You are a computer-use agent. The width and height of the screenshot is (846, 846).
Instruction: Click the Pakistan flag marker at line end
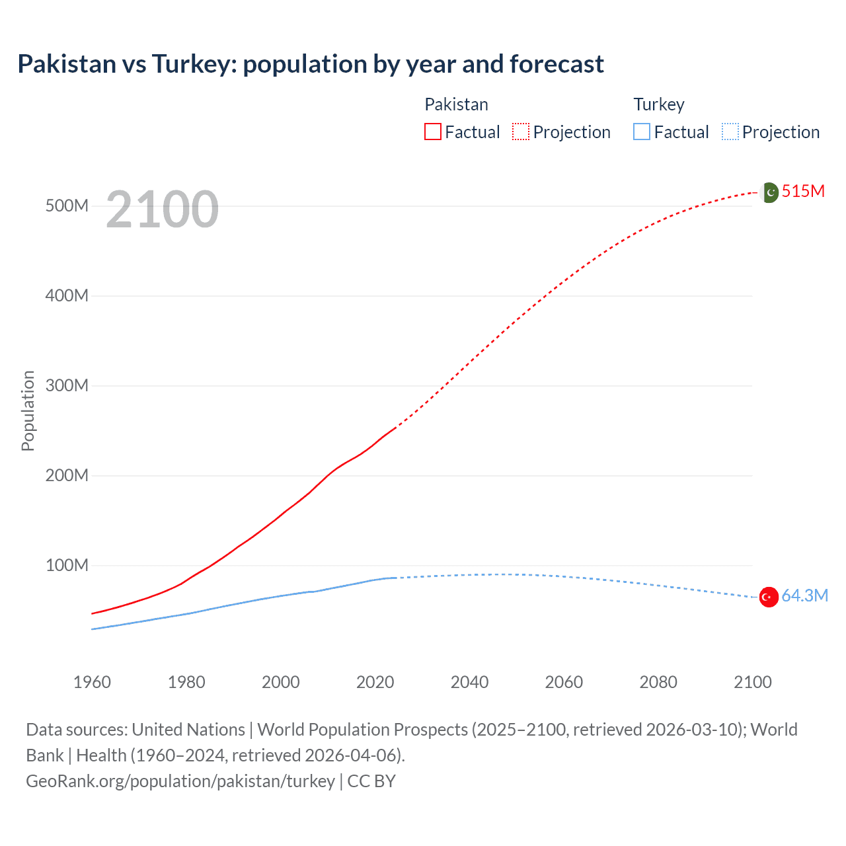pyautogui.click(x=770, y=192)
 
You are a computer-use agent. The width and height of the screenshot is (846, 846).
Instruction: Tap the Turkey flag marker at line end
pyautogui.click(x=768, y=597)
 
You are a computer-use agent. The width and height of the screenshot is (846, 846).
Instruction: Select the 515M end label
pyautogui.click(x=803, y=192)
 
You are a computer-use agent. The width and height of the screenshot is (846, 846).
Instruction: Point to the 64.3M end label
pyautogui.click(x=804, y=596)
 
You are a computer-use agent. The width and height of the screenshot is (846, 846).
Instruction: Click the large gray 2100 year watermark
pyautogui.click(x=162, y=210)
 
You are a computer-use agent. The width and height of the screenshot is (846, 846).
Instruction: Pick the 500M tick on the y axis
pyautogui.click(x=67, y=206)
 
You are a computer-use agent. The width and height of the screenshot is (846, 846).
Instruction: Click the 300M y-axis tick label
pyautogui.click(x=67, y=386)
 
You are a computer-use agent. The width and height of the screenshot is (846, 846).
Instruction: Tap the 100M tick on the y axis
pyautogui.click(x=67, y=566)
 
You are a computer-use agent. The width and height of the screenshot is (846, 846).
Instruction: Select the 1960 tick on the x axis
pyautogui.click(x=92, y=683)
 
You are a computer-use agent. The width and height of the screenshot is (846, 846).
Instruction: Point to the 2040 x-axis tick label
pyautogui.click(x=469, y=683)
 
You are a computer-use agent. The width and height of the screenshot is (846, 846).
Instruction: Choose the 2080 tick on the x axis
pyautogui.click(x=658, y=683)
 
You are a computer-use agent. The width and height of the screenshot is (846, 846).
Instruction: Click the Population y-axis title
pyautogui.click(x=28, y=410)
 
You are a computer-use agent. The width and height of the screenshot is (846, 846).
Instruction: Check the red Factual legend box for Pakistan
pyautogui.click(x=433, y=132)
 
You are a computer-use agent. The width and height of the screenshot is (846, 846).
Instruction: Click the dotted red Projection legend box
pyautogui.click(x=521, y=132)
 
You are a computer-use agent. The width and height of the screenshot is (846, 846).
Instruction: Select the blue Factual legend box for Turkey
pyautogui.click(x=642, y=132)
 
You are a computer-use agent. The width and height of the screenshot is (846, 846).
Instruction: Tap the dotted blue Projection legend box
pyautogui.click(x=730, y=132)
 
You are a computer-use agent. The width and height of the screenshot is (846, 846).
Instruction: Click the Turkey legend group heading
pyautogui.click(x=659, y=104)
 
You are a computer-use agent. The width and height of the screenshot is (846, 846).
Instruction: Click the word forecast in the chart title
pyautogui.click(x=557, y=64)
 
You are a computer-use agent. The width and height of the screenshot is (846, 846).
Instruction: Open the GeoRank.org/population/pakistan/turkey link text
pyautogui.click(x=180, y=781)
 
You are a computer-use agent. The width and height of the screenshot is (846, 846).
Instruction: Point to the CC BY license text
pyautogui.click(x=371, y=781)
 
